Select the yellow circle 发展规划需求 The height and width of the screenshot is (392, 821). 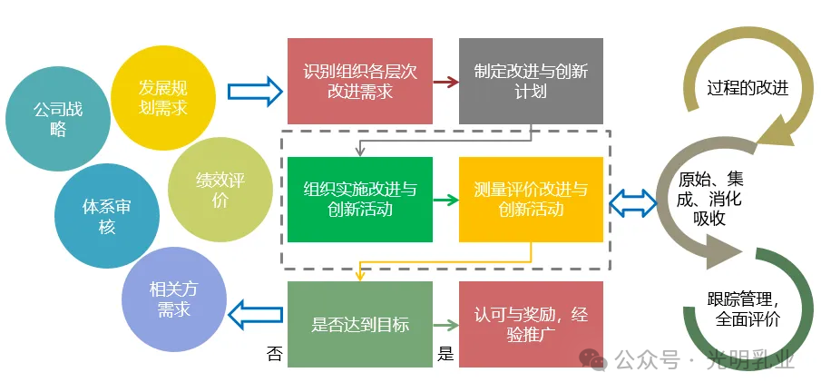[x=163, y=97]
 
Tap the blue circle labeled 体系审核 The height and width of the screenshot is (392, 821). [x=106, y=216]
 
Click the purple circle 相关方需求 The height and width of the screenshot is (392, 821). [x=173, y=299]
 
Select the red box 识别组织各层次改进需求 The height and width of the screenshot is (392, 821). [x=360, y=81]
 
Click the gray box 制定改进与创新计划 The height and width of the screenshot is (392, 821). [x=531, y=81]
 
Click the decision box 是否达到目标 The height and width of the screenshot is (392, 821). [x=360, y=324]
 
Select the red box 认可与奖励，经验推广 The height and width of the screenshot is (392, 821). [x=531, y=324]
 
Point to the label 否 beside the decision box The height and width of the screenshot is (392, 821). [x=274, y=354]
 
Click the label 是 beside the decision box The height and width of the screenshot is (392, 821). [x=445, y=354]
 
